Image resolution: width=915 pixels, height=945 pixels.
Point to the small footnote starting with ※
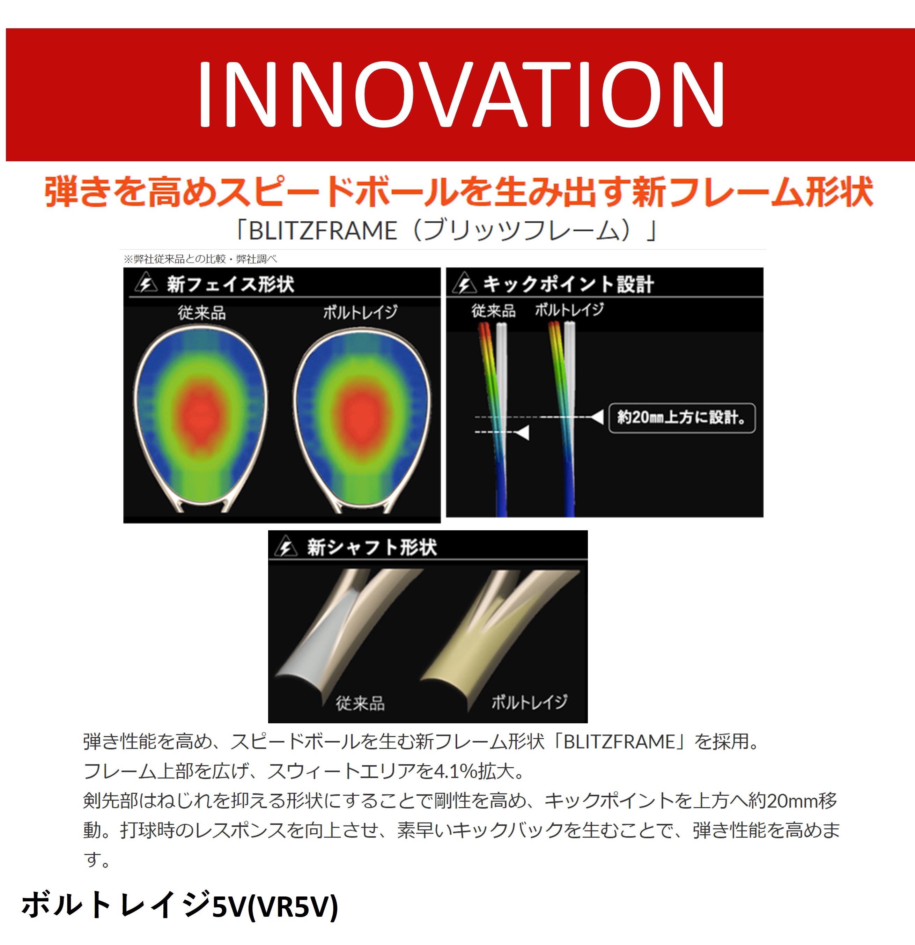point(200,259)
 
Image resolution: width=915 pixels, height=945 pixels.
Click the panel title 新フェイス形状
point(230,284)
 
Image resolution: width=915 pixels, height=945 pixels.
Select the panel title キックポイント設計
point(568,284)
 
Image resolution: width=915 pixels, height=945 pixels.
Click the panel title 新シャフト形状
point(372,547)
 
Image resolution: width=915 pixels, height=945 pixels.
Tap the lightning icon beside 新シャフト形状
point(286,547)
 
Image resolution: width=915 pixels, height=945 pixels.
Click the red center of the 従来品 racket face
point(200,415)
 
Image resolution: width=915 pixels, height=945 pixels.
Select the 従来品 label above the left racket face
point(201,313)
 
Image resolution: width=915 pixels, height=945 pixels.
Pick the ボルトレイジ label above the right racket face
point(361,312)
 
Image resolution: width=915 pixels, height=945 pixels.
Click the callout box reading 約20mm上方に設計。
point(682,418)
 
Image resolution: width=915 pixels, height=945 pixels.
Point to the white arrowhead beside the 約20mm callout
point(597,417)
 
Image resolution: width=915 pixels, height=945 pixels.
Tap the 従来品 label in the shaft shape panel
point(360,703)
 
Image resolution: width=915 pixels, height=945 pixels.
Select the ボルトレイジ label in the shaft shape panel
point(529,702)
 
